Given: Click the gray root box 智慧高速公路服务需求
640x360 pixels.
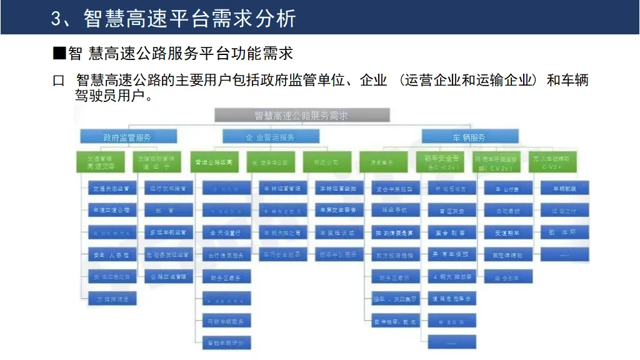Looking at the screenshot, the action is tap(302, 115).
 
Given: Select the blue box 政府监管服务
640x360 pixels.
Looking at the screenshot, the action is tap(127, 137).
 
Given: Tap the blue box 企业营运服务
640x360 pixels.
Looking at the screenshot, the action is tap(271, 137).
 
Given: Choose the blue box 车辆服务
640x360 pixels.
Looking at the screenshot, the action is tap(469, 137).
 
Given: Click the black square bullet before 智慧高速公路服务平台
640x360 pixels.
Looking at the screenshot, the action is tap(59, 52).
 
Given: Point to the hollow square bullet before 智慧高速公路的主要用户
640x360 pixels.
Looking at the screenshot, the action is tap(59, 82).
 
